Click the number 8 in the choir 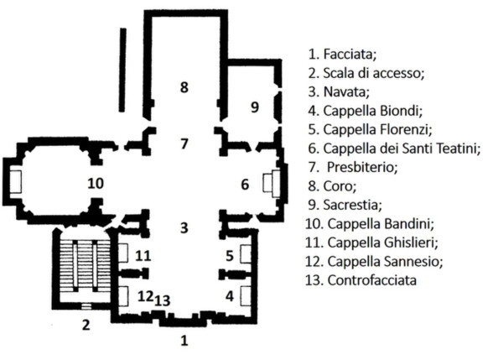point(184,87)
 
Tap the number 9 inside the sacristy point(255,107)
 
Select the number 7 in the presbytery point(184,143)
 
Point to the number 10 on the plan point(96,183)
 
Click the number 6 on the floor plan point(245,185)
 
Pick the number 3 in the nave point(184,227)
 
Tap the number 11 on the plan point(143,256)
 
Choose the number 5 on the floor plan point(230,256)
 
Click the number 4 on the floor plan point(230,295)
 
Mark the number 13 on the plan point(163,300)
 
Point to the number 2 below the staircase point(86,324)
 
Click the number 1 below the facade point(184,340)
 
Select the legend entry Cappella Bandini point(370,224)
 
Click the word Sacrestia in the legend point(352,205)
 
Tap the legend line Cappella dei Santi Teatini point(394,149)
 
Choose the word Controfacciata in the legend point(372,280)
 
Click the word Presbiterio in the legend point(362,167)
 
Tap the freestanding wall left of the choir point(122,70)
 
